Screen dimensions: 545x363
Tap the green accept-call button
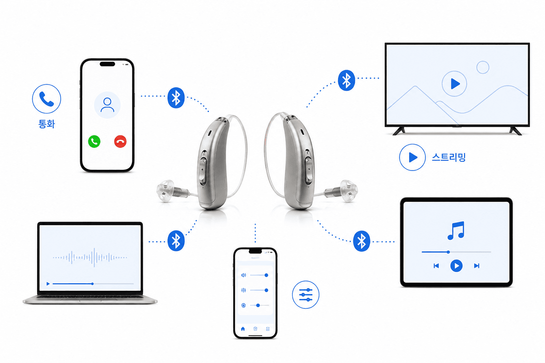coord(94,141)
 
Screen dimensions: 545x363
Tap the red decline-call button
coord(120,141)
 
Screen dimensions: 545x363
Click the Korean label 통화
coord(47,124)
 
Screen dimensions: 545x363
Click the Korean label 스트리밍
coord(448,157)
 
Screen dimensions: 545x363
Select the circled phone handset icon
coord(46,99)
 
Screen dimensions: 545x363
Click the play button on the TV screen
coord(454,84)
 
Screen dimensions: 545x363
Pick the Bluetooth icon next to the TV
coord(346,80)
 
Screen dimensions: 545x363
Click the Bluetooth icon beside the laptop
coord(176,241)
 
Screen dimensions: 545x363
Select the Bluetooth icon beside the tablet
coord(362,241)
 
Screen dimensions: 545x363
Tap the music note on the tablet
coord(456,230)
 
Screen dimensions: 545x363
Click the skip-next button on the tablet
coord(477,266)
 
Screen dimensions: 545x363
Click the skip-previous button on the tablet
coord(436,266)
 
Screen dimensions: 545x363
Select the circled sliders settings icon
coord(305,295)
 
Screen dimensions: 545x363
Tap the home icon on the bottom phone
coord(243,329)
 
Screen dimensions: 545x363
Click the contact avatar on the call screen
coord(107,105)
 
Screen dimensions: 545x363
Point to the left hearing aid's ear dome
coord(165,191)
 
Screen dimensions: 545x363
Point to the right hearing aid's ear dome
coord(349,191)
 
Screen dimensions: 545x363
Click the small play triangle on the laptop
coord(48,284)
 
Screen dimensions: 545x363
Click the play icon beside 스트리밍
coord(412,157)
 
